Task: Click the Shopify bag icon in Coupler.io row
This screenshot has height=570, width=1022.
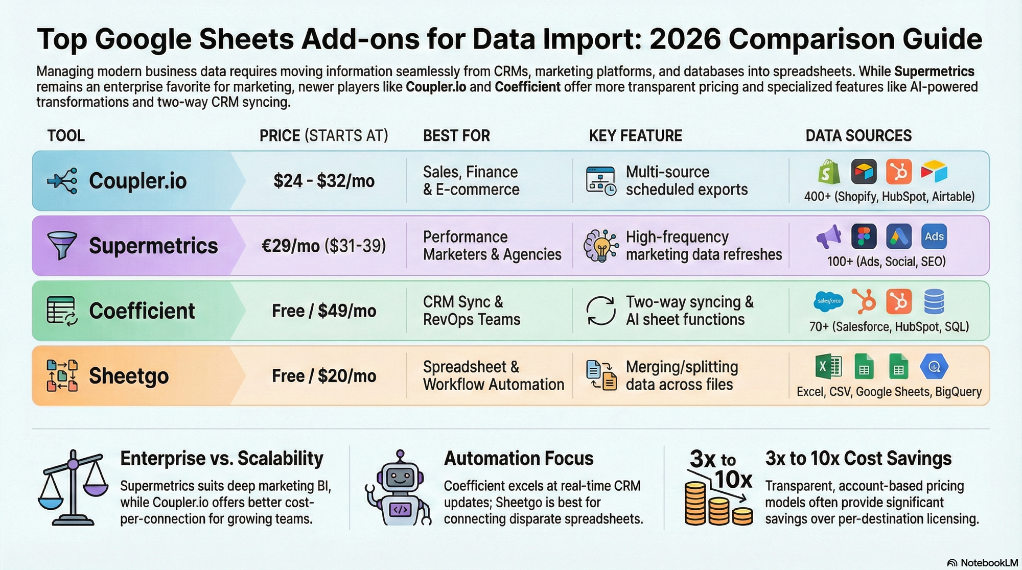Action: pyautogui.click(x=829, y=172)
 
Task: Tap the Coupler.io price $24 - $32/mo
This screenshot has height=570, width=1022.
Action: pyautogui.click(x=324, y=181)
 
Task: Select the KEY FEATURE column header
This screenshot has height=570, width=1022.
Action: pyautogui.click(x=635, y=135)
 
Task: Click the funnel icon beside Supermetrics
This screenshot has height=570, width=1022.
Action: pyautogui.click(x=62, y=245)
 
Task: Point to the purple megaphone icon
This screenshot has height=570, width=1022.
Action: pyautogui.click(x=829, y=236)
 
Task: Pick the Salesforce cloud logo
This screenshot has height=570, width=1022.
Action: pyautogui.click(x=828, y=301)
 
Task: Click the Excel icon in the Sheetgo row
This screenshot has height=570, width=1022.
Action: pyautogui.click(x=828, y=367)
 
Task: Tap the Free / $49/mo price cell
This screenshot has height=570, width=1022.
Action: pyautogui.click(x=324, y=311)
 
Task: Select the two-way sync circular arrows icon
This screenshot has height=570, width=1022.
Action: pyautogui.click(x=600, y=311)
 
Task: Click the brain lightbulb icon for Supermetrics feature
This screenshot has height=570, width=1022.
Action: pyautogui.click(x=600, y=246)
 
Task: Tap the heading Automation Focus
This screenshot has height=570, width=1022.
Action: pyautogui.click(x=519, y=458)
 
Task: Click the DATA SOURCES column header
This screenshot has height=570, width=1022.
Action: pyautogui.click(x=858, y=135)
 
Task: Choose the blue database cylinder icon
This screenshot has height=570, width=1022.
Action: pyautogui.click(x=934, y=301)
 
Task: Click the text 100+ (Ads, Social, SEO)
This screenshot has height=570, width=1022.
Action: pyautogui.click(x=886, y=262)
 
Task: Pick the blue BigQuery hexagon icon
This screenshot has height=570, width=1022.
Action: pyautogui.click(x=934, y=367)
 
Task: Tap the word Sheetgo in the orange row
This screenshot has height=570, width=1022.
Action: pyautogui.click(x=129, y=376)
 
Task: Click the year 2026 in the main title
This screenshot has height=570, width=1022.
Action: pyautogui.click(x=685, y=39)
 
